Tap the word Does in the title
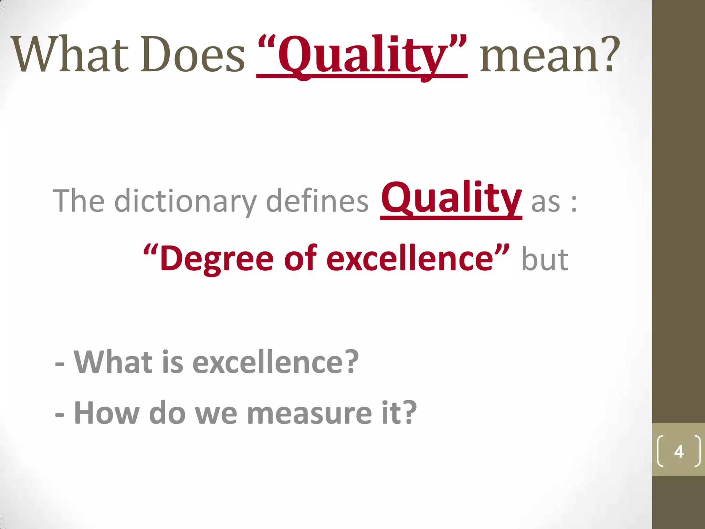[x=193, y=55]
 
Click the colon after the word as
[x=574, y=203]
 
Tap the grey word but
[x=545, y=259]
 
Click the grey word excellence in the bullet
[x=276, y=362]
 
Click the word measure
[x=309, y=413]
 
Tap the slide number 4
[x=678, y=452]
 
